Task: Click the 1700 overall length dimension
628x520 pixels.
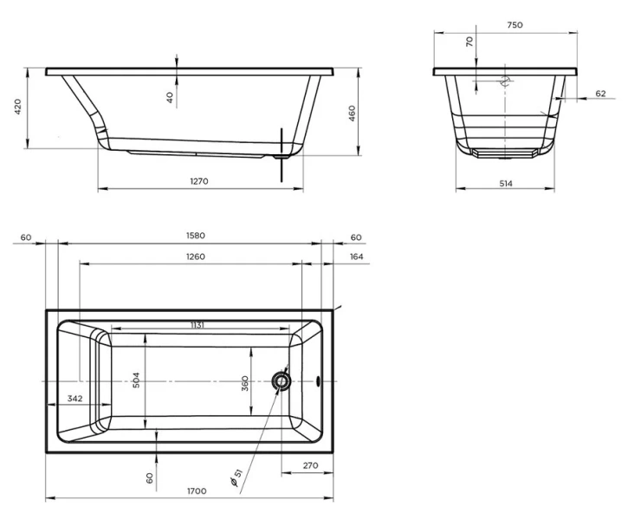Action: (x=197, y=491)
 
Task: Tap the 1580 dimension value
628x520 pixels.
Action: (x=196, y=235)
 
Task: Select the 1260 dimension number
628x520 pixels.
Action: (x=196, y=257)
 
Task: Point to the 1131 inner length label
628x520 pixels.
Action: (x=197, y=325)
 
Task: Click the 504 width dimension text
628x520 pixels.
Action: (x=136, y=380)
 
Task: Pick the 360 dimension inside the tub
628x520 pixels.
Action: (x=245, y=383)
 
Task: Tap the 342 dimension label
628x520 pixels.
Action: (x=74, y=398)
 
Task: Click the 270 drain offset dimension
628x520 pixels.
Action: (x=310, y=465)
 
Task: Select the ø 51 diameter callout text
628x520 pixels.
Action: (x=236, y=478)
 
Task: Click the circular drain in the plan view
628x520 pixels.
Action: (x=281, y=380)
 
